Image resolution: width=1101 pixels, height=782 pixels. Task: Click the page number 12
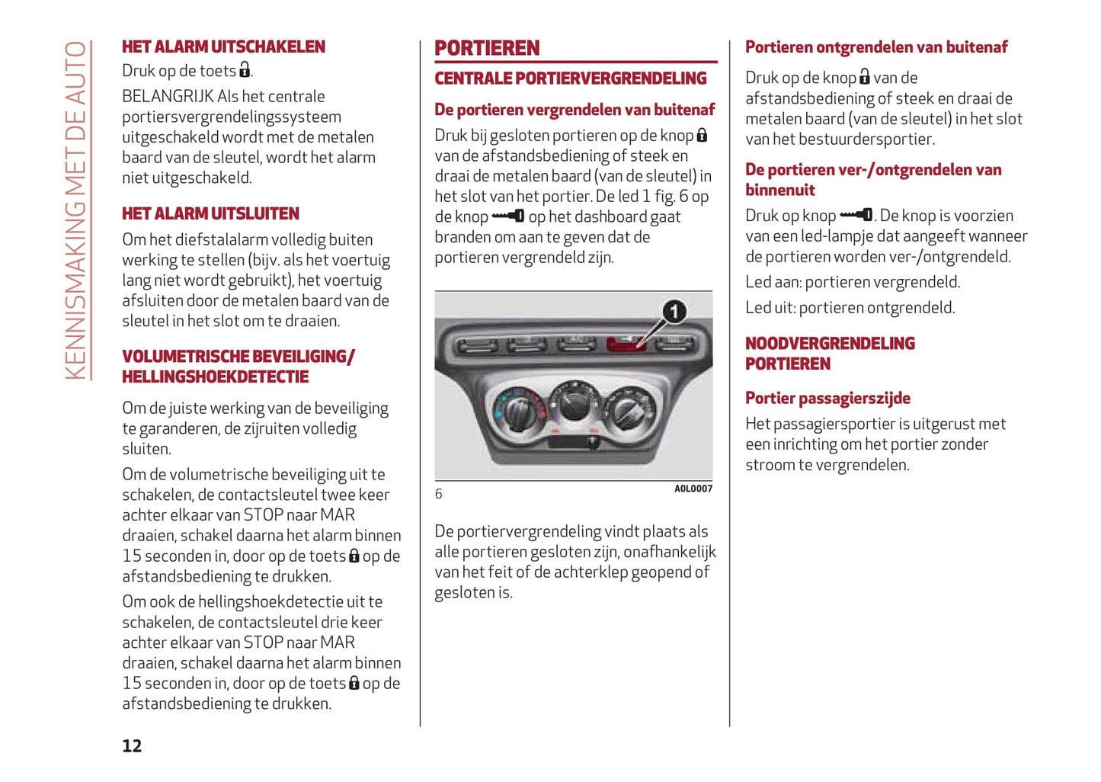pos(132,745)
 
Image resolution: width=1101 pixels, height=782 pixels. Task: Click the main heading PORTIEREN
pos(487,49)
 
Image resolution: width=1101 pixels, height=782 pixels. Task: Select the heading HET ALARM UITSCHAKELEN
pos(223,47)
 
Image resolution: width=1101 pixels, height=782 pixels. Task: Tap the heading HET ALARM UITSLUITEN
pos(210,213)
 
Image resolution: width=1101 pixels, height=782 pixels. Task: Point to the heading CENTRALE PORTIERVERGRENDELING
pos(571,79)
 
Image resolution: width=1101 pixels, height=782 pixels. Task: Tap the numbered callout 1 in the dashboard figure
pos(674,311)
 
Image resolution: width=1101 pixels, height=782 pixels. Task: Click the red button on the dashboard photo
pos(626,345)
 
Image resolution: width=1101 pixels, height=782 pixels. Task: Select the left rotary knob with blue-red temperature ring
pos(520,410)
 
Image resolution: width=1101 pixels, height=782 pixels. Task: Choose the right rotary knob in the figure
pos(629,410)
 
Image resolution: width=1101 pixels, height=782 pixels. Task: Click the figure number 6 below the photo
pos(439,494)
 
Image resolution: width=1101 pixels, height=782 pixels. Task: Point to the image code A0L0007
pos(693,489)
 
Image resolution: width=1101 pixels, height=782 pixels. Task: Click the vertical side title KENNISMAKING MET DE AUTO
pos(76,210)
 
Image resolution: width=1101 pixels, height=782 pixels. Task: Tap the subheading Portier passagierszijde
pos(827,398)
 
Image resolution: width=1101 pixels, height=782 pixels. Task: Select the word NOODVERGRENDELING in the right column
pos(830,344)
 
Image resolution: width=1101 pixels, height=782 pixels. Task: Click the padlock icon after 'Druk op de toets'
pos(245,71)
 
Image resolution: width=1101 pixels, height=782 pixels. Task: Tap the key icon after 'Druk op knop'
pos(856,216)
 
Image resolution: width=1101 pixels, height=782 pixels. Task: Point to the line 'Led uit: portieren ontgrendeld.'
pos(850,308)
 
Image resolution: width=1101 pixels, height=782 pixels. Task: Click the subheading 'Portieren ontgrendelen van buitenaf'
pos(876,47)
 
